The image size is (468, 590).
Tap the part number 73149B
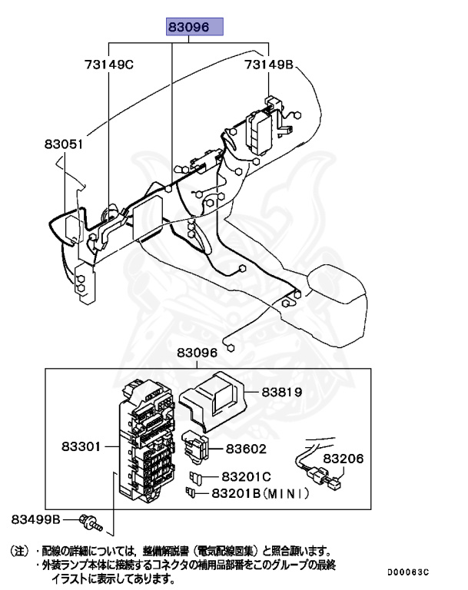269,65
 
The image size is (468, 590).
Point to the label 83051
64,144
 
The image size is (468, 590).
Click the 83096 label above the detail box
197,353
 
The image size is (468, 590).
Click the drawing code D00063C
408,573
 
